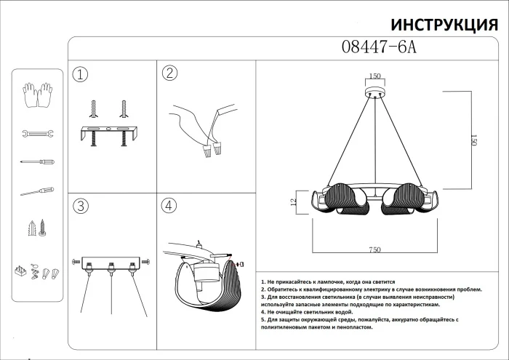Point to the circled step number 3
[81, 206]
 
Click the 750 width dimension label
[374, 249]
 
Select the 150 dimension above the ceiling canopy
[375, 76]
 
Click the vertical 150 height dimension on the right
[472, 140]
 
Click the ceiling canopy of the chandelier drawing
[375, 93]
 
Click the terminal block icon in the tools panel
[21, 273]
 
